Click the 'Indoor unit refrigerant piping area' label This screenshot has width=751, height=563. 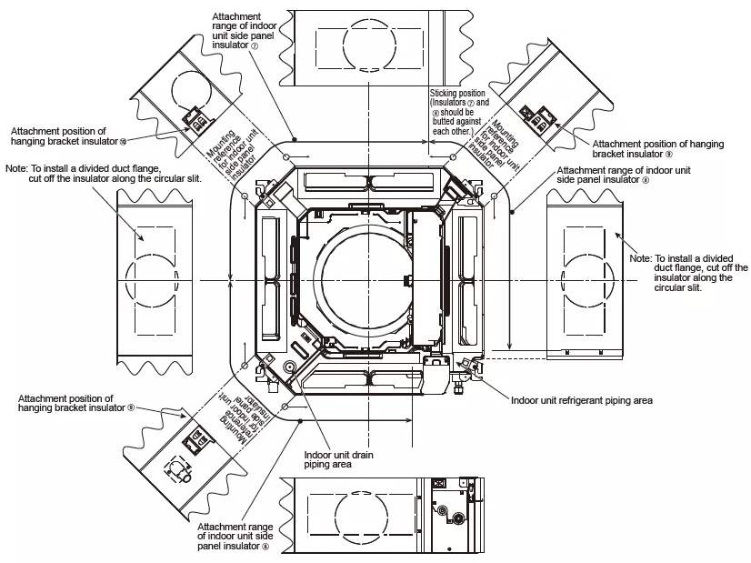tap(582, 399)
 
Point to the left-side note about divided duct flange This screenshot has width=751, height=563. tap(102, 173)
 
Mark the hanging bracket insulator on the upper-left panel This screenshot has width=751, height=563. tap(195, 118)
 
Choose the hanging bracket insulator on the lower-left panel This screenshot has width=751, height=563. tap(195, 442)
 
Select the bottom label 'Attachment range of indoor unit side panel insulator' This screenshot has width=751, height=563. tap(235, 537)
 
